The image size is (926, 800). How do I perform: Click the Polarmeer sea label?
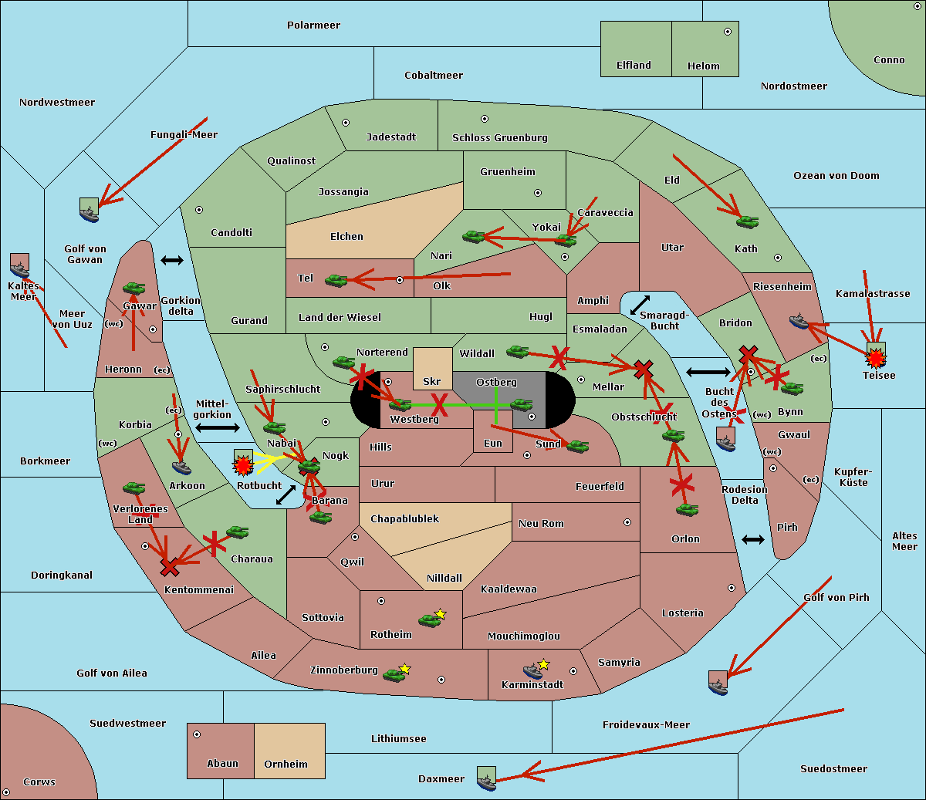[x=313, y=25]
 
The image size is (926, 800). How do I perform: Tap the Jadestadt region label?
[x=390, y=137]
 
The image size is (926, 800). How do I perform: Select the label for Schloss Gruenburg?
[x=499, y=138]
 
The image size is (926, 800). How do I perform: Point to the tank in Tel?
[x=336, y=281]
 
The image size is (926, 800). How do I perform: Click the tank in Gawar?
[x=134, y=289]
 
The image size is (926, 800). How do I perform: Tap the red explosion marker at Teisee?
[x=875, y=357]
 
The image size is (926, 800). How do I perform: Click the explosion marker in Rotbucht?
[x=243, y=464]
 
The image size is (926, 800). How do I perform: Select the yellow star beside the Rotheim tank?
[x=440, y=614]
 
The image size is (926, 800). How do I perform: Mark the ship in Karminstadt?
[x=532, y=671]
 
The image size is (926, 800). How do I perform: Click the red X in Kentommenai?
[x=170, y=568]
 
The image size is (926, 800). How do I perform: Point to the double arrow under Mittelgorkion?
[x=217, y=427]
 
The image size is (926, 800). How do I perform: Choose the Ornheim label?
[x=286, y=765]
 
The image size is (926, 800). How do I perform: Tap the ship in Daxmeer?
[x=486, y=780]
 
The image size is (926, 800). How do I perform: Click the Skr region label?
[x=431, y=382]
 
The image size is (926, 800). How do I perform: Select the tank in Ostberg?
[x=522, y=404]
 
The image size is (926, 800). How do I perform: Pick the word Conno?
[x=889, y=60]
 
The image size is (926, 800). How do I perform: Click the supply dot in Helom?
[x=727, y=32]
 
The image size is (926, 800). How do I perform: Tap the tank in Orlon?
[x=687, y=510]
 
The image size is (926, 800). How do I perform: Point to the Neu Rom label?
[x=541, y=524]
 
